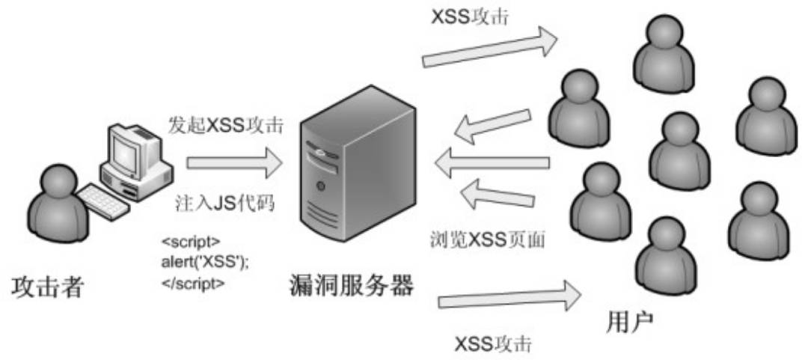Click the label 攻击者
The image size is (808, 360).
[x=47, y=287]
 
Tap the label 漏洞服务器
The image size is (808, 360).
[x=350, y=285]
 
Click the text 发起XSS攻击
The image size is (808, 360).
[x=225, y=125]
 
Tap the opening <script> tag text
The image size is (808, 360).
[x=191, y=242]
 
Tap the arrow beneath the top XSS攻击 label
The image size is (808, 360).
[x=490, y=50]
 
